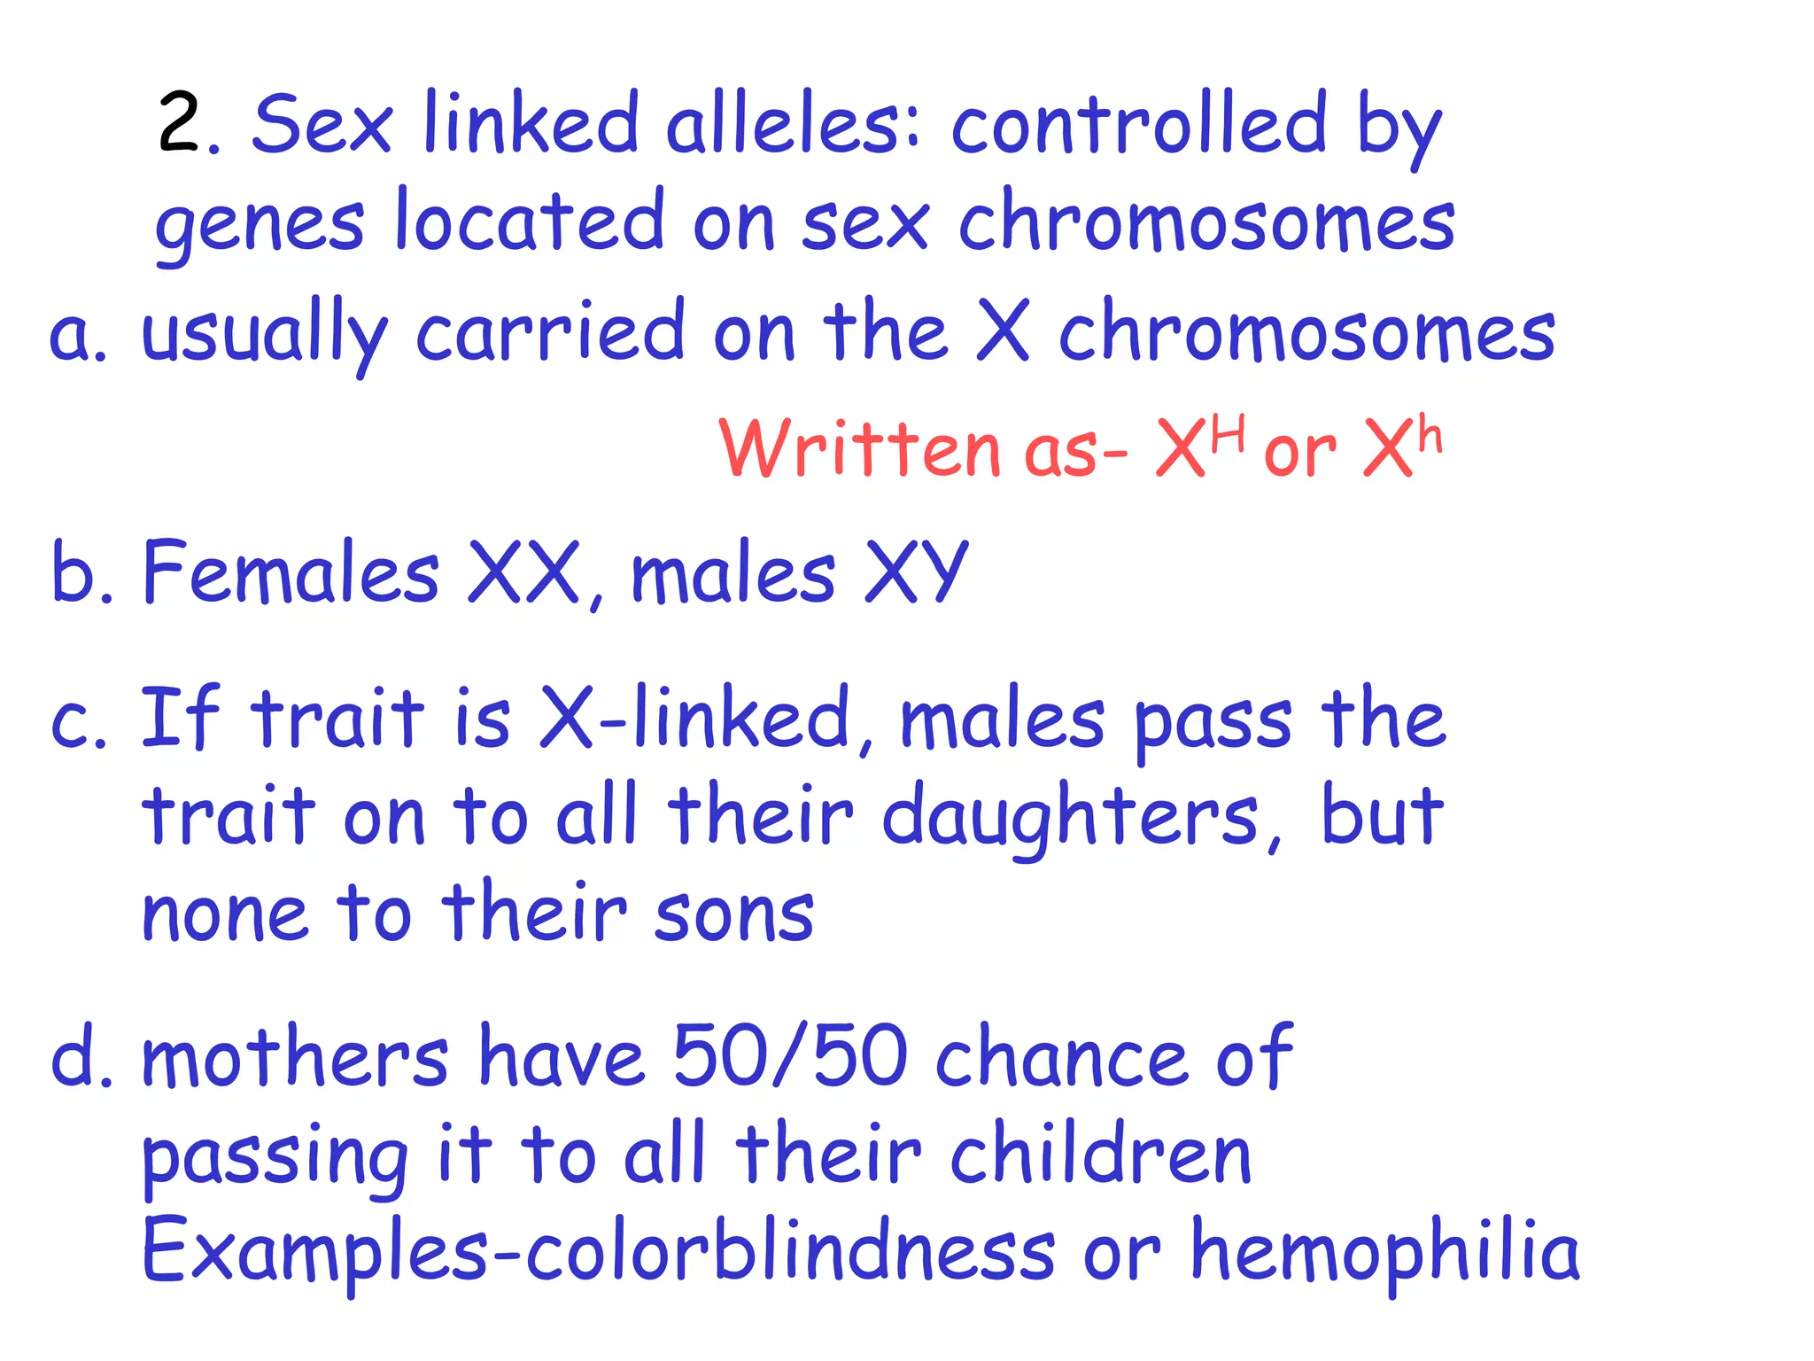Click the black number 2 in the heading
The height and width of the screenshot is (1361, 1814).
(181, 124)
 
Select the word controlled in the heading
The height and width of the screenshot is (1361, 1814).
(1139, 124)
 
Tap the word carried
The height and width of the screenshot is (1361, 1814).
(550, 331)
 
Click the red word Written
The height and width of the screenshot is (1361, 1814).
(859, 448)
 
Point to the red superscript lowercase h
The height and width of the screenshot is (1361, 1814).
(1429, 435)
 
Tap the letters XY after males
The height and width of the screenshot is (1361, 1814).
(916, 572)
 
